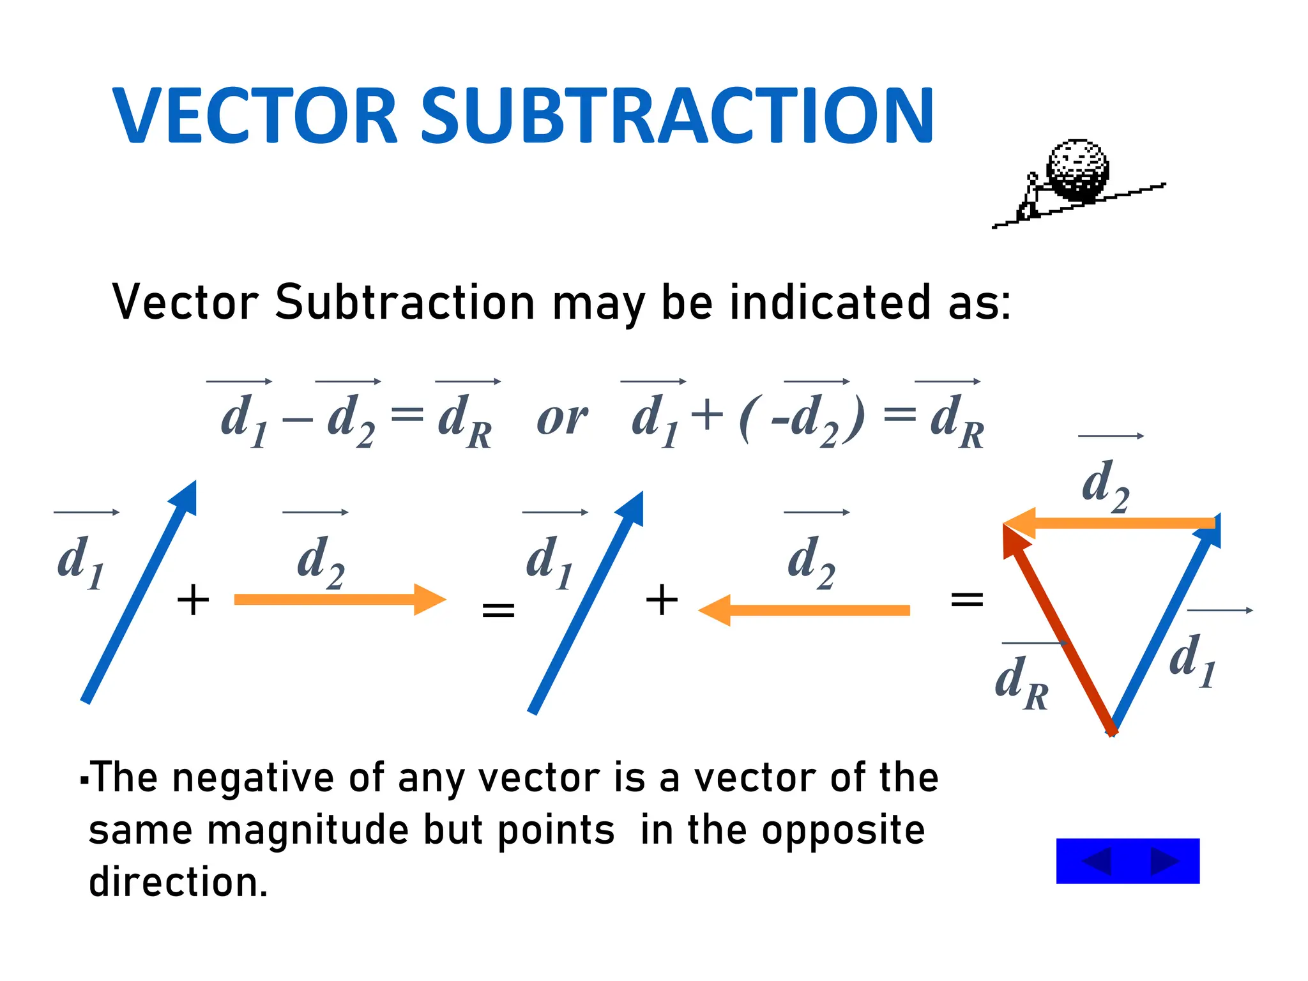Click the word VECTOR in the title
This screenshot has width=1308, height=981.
(x=255, y=116)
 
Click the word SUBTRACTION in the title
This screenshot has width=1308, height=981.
(x=677, y=116)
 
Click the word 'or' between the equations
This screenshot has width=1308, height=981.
(x=562, y=420)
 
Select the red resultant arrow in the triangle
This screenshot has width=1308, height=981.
(x=1057, y=629)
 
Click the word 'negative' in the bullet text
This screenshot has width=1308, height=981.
(x=253, y=778)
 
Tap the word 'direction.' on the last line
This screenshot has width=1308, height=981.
(x=178, y=883)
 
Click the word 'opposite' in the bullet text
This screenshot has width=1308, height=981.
(x=843, y=830)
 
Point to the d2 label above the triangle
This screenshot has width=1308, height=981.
(x=1106, y=487)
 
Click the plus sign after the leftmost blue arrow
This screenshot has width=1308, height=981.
(x=193, y=600)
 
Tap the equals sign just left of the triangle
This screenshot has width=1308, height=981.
(x=967, y=600)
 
